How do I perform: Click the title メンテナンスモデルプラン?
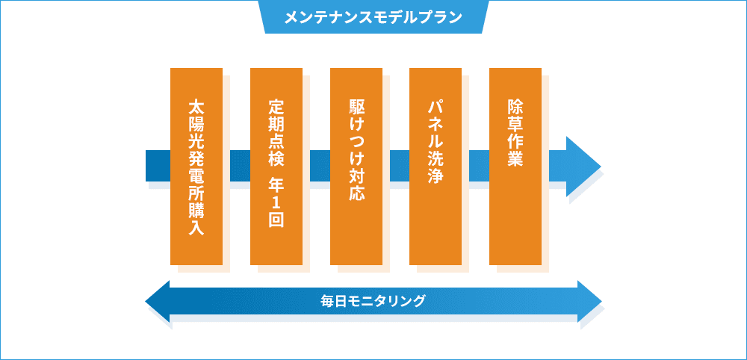[373, 18]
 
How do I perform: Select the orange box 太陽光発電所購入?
[196, 167]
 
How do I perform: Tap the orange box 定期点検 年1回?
[276, 167]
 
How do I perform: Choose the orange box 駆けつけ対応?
[356, 167]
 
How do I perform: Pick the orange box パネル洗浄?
[436, 167]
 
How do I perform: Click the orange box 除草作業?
[515, 167]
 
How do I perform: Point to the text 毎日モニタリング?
[373, 302]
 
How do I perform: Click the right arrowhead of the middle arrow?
[583, 167]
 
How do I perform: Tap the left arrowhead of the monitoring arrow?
[157, 302]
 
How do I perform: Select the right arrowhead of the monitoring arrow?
[590, 302]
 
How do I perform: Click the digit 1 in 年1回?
[276, 201]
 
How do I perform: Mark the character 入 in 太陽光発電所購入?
[196, 227]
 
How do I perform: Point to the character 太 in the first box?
[196, 106]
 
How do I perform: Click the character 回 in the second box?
[276, 219]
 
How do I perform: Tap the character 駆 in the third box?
[356, 106]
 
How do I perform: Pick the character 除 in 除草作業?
[515, 106]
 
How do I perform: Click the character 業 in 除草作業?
[515, 158]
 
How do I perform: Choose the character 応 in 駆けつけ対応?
[356, 193]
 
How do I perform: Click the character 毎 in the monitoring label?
[328, 302]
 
